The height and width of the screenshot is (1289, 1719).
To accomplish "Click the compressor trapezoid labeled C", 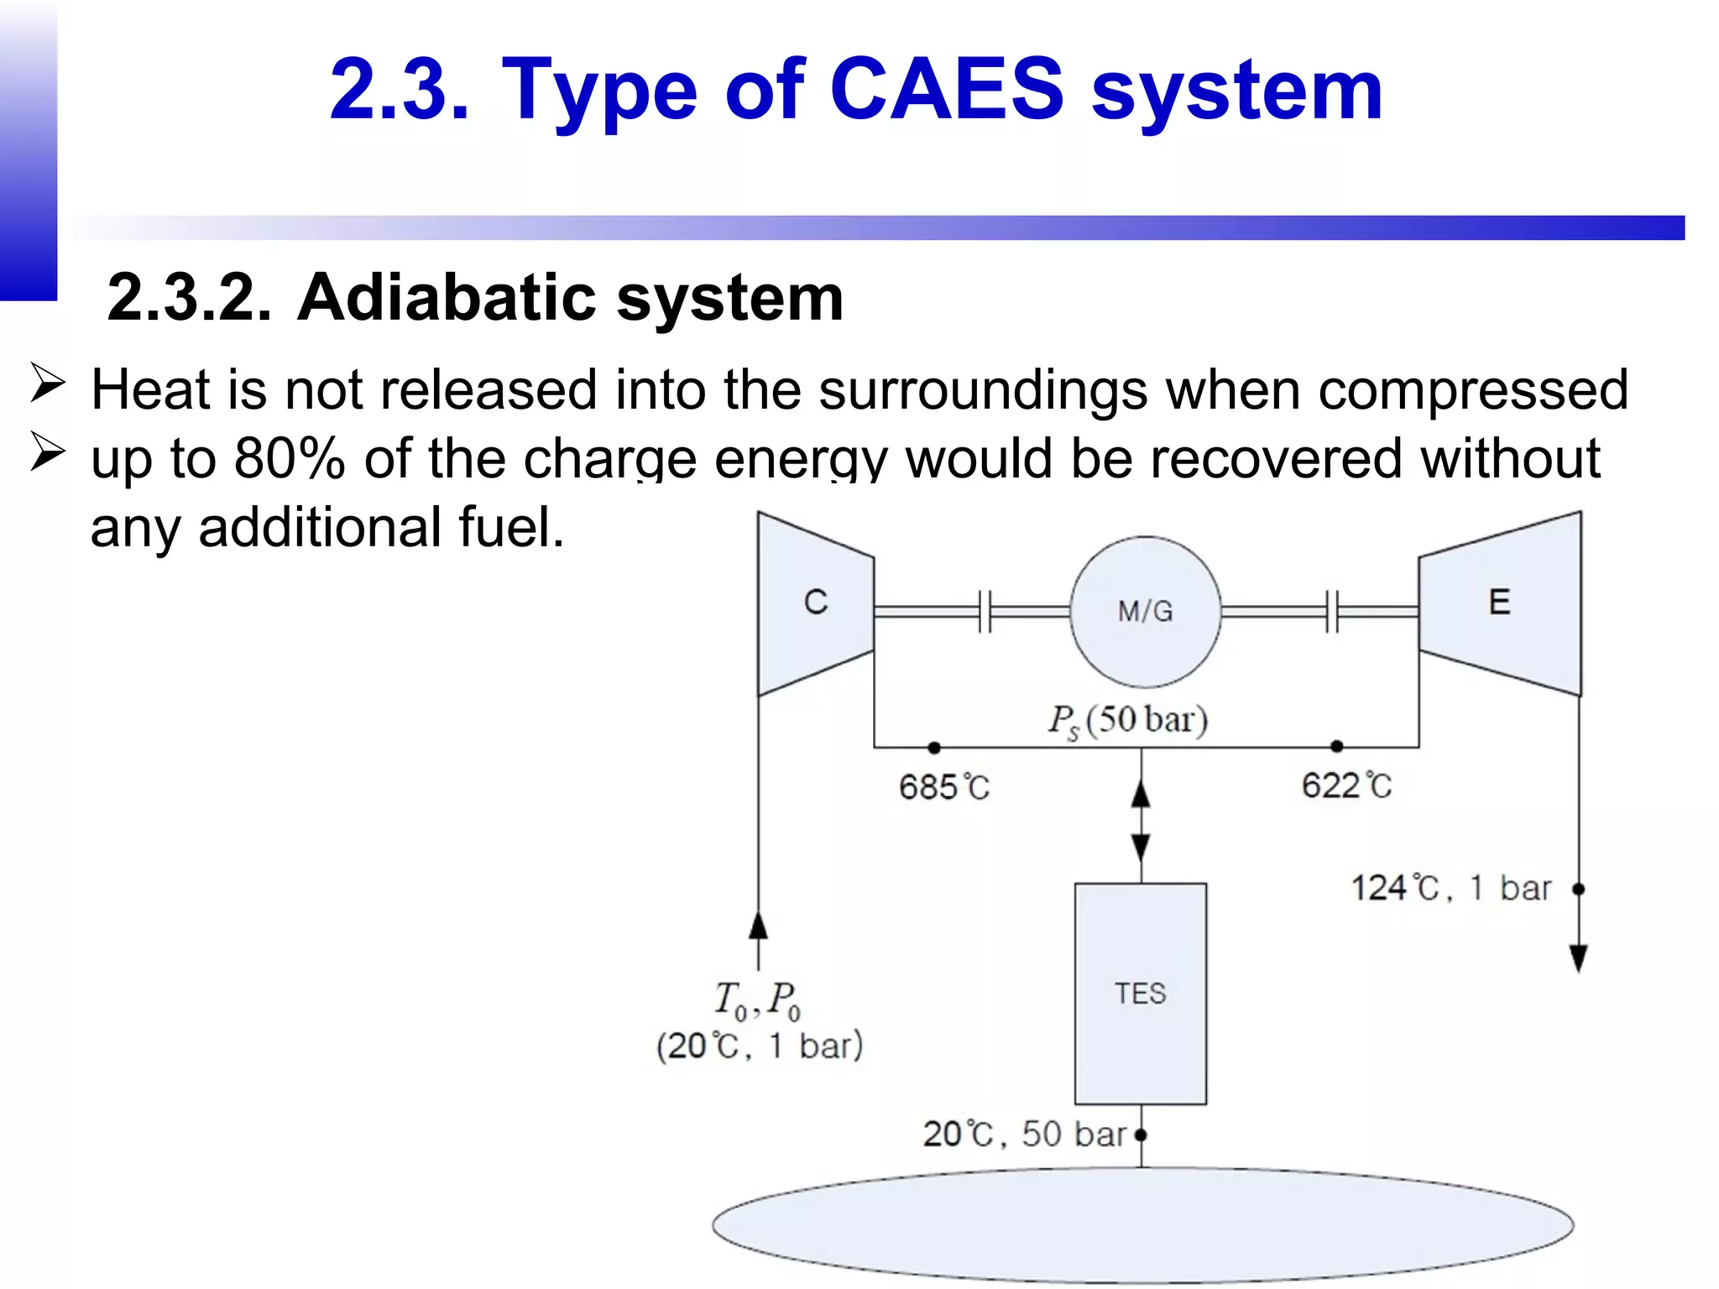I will [x=815, y=604].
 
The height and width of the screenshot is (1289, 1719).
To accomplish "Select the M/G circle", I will [x=1145, y=612].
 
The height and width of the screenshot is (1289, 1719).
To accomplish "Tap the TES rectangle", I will [x=1140, y=994].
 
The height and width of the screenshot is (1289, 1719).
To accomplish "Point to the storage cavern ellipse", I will [x=1142, y=1225].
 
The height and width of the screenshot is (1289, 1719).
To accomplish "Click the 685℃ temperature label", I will [x=943, y=787].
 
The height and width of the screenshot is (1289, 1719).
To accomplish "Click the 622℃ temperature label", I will [x=1346, y=785].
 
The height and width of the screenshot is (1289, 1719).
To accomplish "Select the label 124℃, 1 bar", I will [x=1450, y=888].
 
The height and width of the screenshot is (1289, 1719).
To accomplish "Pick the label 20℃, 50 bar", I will [x=1024, y=1134].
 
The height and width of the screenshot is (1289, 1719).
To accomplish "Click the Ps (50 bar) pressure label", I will [x=1127, y=720].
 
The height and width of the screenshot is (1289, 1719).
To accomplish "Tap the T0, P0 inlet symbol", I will [x=757, y=999].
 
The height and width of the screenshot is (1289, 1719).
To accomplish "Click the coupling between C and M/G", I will [x=985, y=611].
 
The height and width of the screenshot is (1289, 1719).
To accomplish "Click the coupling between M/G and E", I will [x=1332, y=611].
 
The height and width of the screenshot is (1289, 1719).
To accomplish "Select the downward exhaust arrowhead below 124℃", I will [x=1578, y=957].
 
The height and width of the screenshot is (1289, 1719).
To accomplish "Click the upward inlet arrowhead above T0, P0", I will [x=758, y=926].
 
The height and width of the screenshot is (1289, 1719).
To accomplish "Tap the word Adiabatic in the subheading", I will [x=446, y=298].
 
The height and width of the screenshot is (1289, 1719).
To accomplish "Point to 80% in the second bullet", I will [x=290, y=459].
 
